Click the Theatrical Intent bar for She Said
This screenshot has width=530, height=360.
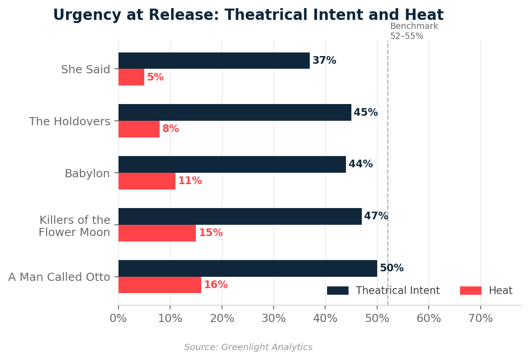pyautogui.click(x=214, y=61)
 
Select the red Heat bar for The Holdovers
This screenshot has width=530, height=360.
pyautogui.click(x=139, y=129)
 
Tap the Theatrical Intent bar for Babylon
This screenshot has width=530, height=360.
pyautogui.click(x=232, y=164)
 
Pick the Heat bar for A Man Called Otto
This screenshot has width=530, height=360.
pyautogui.click(x=160, y=285)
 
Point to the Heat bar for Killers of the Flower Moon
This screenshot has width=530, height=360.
pyautogui.click(x=157, y=233)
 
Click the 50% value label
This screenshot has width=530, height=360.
pyautogui.click(x=392, y=268)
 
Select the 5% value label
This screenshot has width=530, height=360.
pyautogui.click(x=155, y=77)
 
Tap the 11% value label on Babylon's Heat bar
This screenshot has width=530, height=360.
pyautogui.click(x=190, y=181)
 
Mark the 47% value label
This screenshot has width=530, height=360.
pyautogui.click(x=376, y=216)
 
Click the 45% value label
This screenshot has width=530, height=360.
pyautogui.click(x=365, y=113)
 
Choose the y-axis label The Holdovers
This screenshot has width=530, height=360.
pyautogui.click(x=70, y=122)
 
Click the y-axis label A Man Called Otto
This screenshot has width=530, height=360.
pyautogui.click(x=59, y=277)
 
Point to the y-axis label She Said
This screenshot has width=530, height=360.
pyautogui.click(x=85, y=70)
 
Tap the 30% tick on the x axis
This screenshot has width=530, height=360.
pyautogui.click(x=274, y=318)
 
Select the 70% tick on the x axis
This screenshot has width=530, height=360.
pyautogui.click(x=480, y=318)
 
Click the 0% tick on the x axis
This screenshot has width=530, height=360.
pyautogui.click(x=118, y=318)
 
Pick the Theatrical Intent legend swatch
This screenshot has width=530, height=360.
pyautogui.click(x=337, y=291)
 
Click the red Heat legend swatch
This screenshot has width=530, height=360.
pyautogui.click(x=470, y=291)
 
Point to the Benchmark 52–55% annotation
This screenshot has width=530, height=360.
pyautogui.click(x=414, y=31)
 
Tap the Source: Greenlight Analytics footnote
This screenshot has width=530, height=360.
pyautogui.click(x=248, y=347)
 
